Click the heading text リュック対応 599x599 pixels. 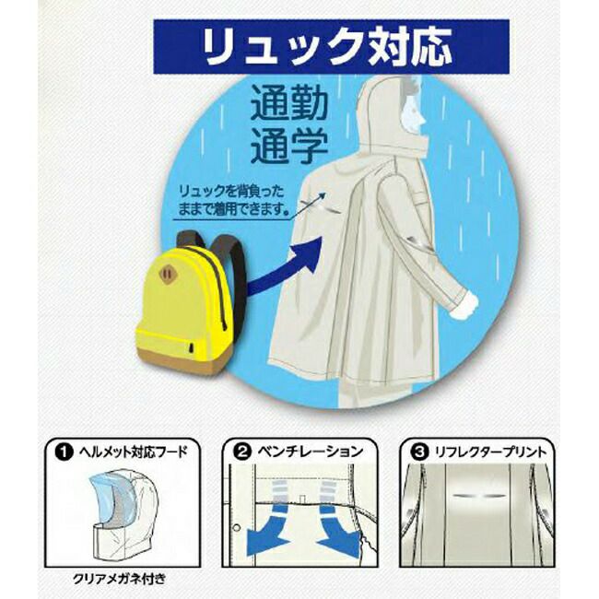[328, 47]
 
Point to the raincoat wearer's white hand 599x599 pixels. [464, 305]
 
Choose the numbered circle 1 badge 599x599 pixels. [64, 452]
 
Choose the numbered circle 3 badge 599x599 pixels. [419, 452]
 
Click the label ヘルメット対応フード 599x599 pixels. [134, 452]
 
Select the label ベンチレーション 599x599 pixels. [310, 452]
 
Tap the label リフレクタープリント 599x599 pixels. [491, 452]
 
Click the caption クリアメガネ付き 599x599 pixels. [120, 579]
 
